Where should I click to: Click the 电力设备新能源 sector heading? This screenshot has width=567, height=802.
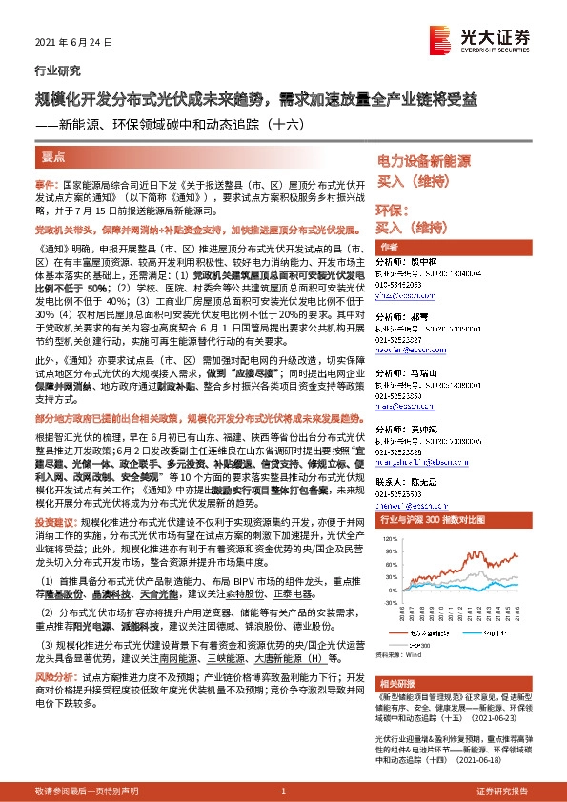pos(424,162)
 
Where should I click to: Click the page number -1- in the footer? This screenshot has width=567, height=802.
pos(283,792)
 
